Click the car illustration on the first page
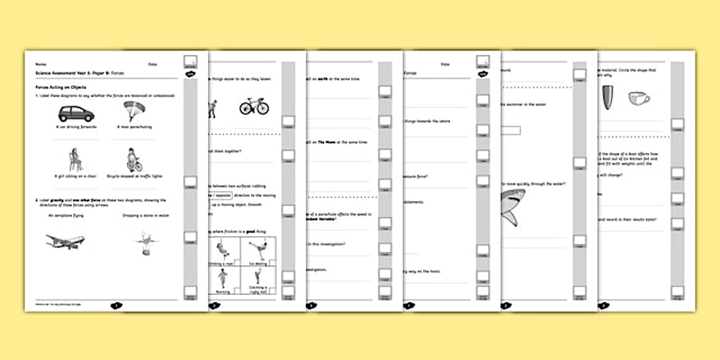point(76,114)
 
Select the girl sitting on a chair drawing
point(75,159)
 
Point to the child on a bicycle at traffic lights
point(134,160)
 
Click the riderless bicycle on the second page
point(254,106)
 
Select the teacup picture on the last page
point(639,98)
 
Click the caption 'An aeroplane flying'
point(66,215)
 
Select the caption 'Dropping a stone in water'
point(145,215)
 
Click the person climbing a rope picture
point(221,250)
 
